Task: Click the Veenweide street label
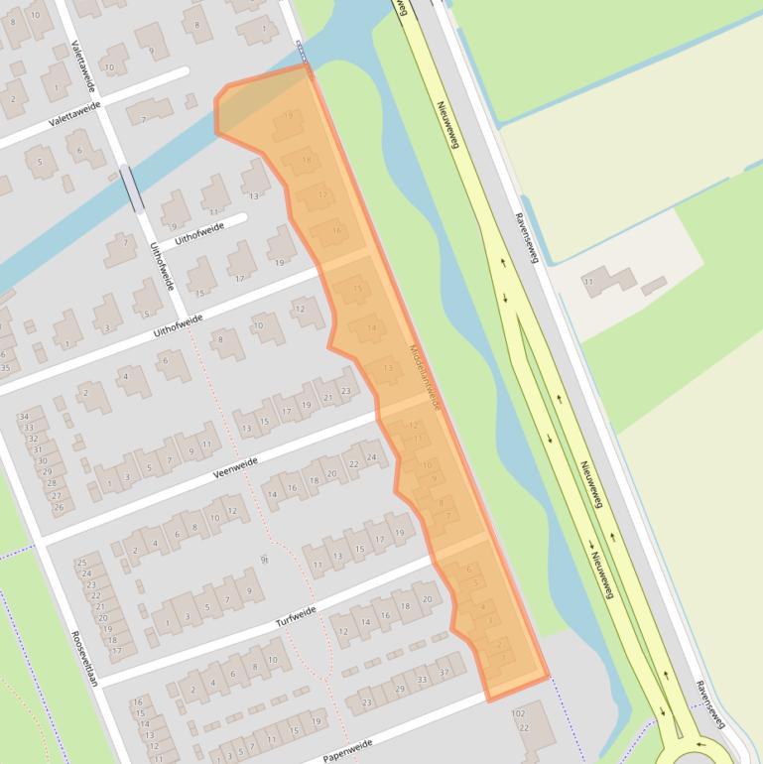pyautogui.click(x=235, y=468)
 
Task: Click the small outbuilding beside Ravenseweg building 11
pyautogui.click(x=654, y=287)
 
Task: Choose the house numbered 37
pyautogui.click(x=445, y=673)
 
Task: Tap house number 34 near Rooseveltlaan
pyautogui.click(x=26, y=417)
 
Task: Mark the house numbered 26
pyautogui.click(x=58, y=507)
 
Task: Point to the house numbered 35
pyautogui.click(x=4, y=367)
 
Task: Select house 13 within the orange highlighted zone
pyautogui.click(x=388, y=368)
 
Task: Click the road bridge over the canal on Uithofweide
pyautogui.click(x=132, y=188)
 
